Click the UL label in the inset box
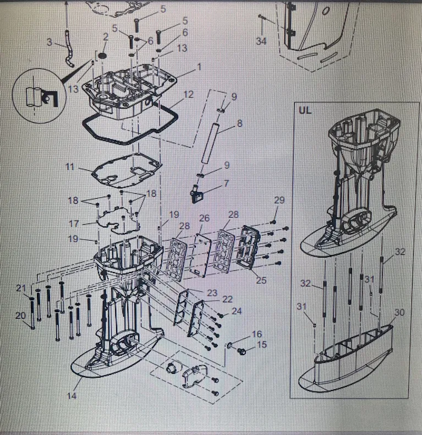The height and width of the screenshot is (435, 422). coord(305,110)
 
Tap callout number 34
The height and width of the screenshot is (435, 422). coord(262,40)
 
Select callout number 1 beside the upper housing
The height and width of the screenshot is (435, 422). coord(199,67)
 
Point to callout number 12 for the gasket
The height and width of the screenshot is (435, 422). coord(189,95)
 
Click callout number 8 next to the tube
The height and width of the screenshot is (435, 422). coord(239,124)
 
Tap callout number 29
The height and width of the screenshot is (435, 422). coord(279,199)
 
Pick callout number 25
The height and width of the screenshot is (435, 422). coord(261,280)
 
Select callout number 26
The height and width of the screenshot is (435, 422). coord(204,219)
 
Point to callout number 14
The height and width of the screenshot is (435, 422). coord(72,395)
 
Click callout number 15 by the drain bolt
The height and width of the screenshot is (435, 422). coord(261,345)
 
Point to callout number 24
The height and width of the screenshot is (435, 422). coord(237,311)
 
